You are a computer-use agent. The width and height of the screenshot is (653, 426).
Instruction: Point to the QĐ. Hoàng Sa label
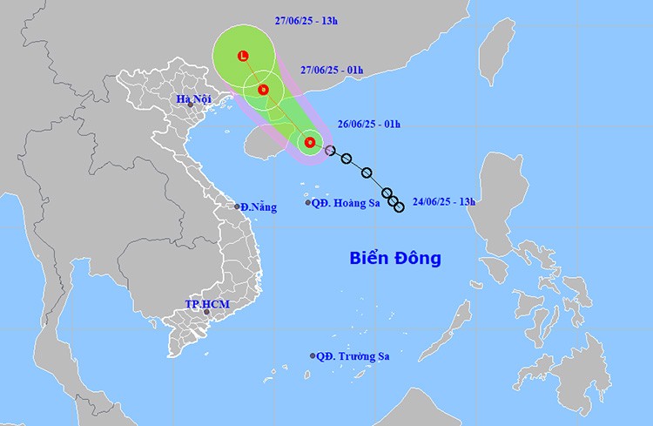coord(347,203)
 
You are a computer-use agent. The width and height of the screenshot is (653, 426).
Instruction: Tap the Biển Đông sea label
coord(395,258)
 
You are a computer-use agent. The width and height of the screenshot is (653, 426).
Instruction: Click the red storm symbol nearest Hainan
coord(308,141)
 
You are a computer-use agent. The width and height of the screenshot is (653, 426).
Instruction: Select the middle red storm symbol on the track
coord(263,89)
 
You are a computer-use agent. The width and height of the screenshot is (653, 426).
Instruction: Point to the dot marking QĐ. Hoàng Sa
coord(308,203)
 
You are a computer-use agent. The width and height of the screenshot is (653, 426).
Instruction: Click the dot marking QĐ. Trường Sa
coord(313,355)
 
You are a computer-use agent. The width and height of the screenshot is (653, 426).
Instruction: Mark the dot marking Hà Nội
coord(190,105)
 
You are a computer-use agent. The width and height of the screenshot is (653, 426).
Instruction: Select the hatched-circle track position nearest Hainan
coord(330,151)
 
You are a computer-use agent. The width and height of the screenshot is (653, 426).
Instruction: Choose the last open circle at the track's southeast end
coord(399,206)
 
